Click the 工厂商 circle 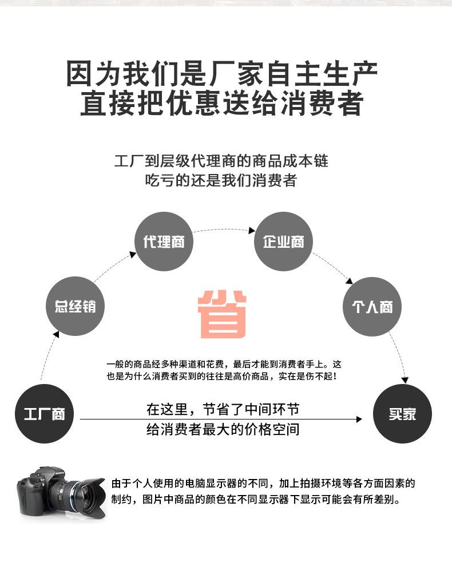(43, 414)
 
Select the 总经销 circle (76, 307)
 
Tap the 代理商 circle (164, 242)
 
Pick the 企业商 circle (283, 242)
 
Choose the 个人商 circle (372, 307)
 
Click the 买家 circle (402, 414)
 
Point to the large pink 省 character (223, 314)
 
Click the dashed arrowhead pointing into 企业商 (251, 231)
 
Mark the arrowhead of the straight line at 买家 (359, 419)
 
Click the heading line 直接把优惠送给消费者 (222, 104)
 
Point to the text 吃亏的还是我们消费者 (221, 180)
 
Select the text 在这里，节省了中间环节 (223, 410)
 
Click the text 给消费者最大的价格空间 (223, 429)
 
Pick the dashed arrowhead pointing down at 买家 (405, 379)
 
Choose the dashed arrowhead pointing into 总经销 (56, 334)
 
